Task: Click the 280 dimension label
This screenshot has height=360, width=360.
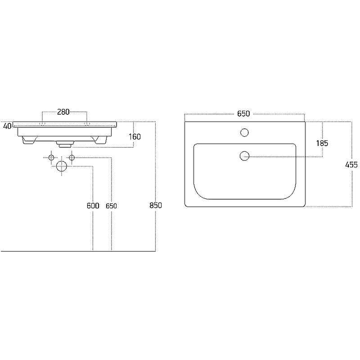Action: [x=63, y=112]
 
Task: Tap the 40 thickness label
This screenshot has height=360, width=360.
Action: [x=7, y=126]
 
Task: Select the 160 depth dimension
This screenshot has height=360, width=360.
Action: [x=135, y=137]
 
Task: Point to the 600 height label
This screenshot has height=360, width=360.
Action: [x=93, y=206]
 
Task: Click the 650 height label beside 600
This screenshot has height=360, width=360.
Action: [x=111, y=206]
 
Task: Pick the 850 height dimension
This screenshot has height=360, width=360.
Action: [x=156, y=205]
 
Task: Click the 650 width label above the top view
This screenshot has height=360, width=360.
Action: [x=243, y=114]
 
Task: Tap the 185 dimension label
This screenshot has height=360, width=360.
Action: [x=322, y=143]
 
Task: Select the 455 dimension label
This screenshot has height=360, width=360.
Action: [x=351, y=165]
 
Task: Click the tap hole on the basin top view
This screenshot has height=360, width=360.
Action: [x=244, y=132]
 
